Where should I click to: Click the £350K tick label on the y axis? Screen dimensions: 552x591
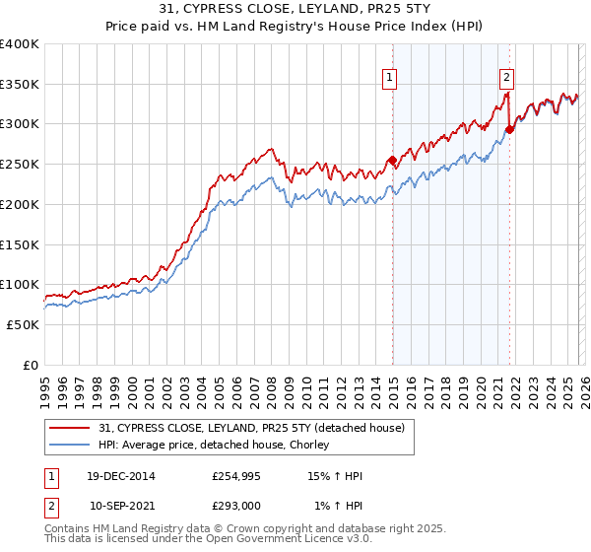click(20, 85)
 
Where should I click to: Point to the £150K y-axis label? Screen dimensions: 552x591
click(20, 244)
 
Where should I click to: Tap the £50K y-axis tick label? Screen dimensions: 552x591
click(23, 324)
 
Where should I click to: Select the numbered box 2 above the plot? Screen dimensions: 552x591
click(506, 77)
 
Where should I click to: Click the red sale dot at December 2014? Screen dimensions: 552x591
click(392, 160)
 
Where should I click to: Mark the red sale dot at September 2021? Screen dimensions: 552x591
click(509, 129)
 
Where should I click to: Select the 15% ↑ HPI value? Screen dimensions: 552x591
click(335, 476)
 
